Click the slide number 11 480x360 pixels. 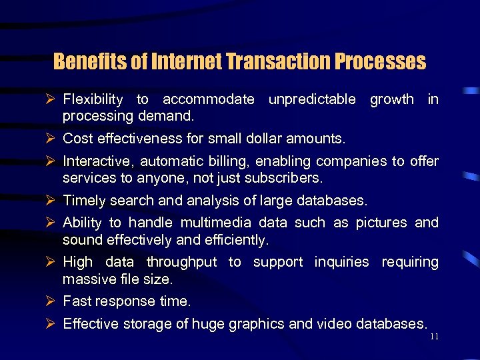(434, 337)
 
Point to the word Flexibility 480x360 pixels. (93, 100)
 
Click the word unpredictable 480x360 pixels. (311, 100)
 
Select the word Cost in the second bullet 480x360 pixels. (76, 139)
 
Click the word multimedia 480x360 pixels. (212, 223)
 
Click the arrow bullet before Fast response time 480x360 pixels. (49, 301)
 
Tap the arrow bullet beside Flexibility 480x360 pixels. (49, 100)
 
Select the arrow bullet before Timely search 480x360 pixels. (49, 201)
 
